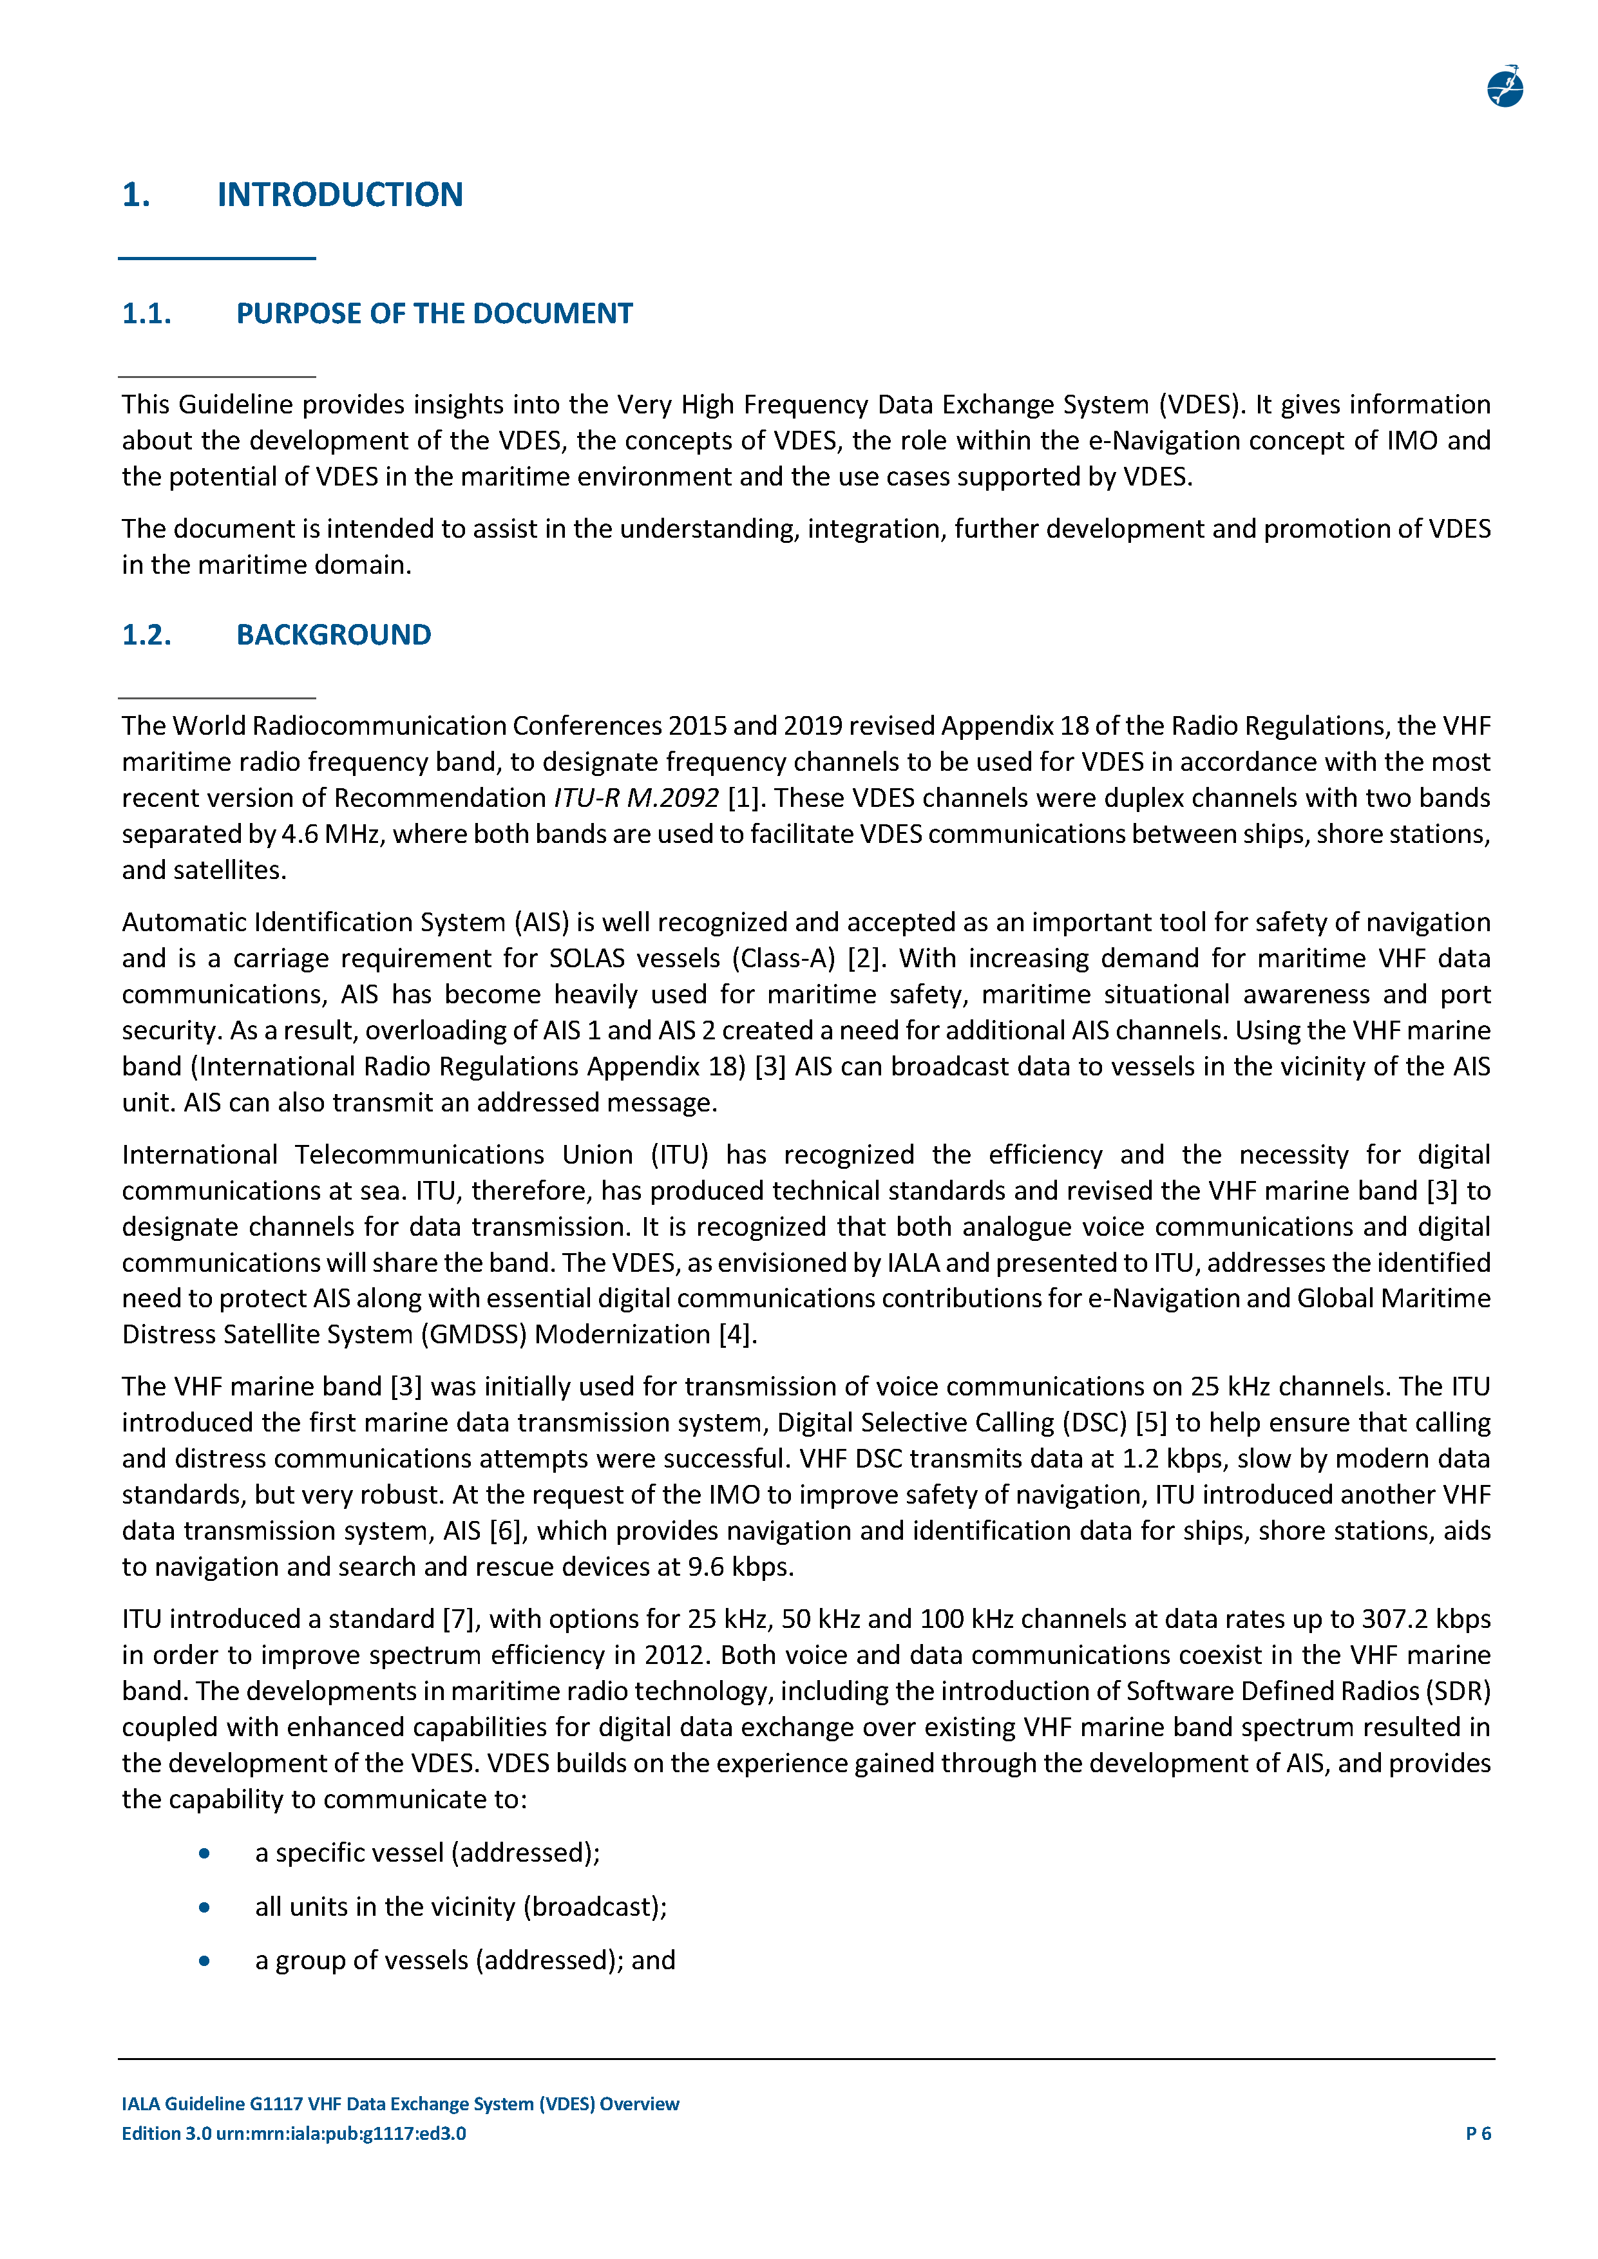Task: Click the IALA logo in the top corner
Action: tap(1505, 88)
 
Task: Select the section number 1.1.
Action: tap(147, 314)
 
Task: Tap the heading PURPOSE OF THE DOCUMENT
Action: tap(434, 314)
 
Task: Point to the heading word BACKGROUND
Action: tap(334, 634)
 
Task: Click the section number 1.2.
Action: tap(147, 634)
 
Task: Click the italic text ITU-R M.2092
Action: tap(636, 798)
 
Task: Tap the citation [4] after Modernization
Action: tap(737, 1335)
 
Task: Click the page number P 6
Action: tap(1478, 2134)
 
